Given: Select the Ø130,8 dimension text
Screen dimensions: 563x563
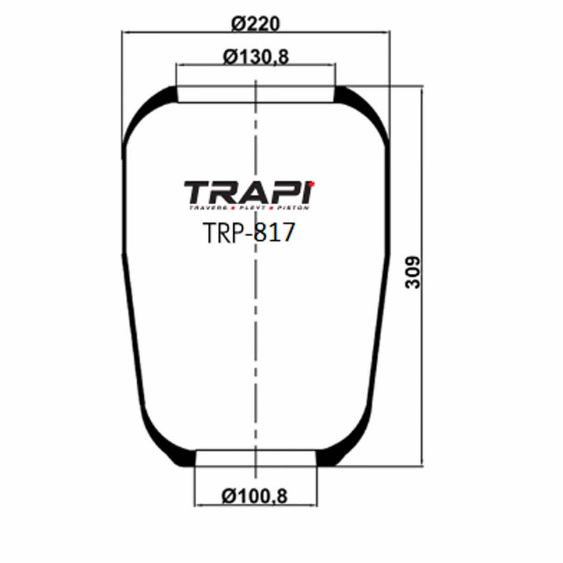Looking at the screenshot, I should tap(256, 57).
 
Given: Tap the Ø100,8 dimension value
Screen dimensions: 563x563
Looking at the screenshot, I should tap(254, 496).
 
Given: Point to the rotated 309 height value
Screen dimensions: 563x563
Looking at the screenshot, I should tap(413, 272).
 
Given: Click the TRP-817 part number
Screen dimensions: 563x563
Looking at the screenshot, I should tap(249, 233).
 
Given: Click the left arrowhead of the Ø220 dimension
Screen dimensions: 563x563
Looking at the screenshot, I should tap(125, 32).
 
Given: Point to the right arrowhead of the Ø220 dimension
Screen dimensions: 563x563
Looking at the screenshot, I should tap(386, 32).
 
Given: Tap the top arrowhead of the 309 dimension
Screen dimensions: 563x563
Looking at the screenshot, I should tap(422, 89).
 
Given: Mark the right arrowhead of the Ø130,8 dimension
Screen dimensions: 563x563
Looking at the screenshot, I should tap(333, 65).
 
